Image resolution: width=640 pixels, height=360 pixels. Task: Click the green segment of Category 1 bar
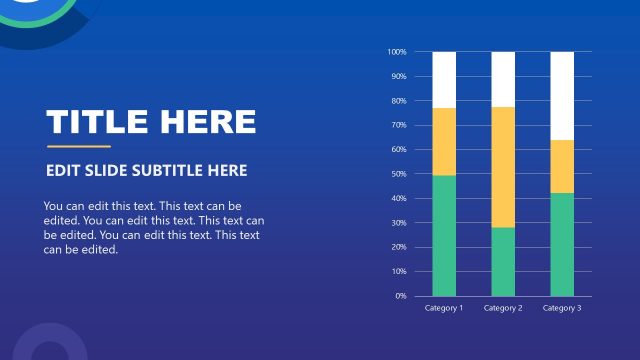point(444,235)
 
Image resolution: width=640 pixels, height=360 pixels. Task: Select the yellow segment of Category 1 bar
point(444,141)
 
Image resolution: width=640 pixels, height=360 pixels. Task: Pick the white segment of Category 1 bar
point(444,79)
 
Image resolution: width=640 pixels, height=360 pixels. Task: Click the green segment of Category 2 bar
point(503,261)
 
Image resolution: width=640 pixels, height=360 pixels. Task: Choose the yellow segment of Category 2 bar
point(503,167)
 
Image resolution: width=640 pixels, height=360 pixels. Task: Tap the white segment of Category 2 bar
point(503,79)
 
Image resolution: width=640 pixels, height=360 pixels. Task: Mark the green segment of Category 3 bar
point(562,244)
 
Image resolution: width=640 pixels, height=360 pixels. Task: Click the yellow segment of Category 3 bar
point(562,166)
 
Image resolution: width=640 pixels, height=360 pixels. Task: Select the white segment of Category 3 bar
point(562,95)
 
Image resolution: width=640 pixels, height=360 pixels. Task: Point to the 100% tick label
point(397,52)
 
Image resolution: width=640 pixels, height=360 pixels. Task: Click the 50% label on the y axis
point(398,174)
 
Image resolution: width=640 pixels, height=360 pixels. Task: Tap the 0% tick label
point(400,296)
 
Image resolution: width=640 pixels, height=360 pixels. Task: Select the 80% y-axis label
point(398,101)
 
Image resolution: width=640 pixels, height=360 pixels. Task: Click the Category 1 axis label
point(444,308)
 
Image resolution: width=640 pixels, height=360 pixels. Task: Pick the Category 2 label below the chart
point(503,308)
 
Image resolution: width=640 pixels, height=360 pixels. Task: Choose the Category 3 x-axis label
point(562,308)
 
